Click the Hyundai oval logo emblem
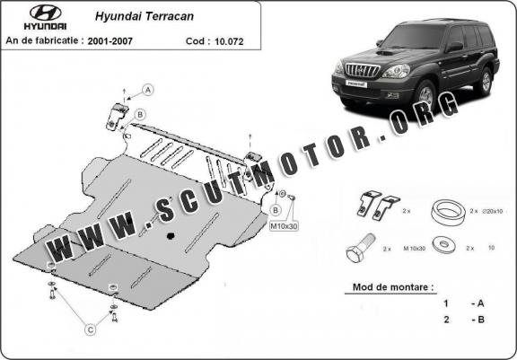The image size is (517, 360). click(x=46, y=13)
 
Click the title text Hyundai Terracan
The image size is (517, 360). click(x=145, y=16)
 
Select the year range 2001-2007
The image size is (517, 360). click(x=110, y=41)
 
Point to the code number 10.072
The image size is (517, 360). click(x=229, y=41)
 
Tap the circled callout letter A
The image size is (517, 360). click(x=148, y=90)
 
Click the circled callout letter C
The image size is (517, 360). click(x=90, y=329)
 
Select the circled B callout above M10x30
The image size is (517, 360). click(x=276, y=210)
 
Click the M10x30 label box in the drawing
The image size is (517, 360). click(x=285, y=226)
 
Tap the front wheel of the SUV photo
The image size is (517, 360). click(x=425, y=95)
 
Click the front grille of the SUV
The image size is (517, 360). click(x=363, y=70)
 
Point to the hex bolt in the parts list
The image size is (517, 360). click(x=361, y=248)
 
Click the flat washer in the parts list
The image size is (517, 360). click(x=443, y=245)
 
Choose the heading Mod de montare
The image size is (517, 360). click(x=393, y=286)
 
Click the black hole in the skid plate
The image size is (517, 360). click(x=171, y=236)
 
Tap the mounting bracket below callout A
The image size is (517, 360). click(x=117, y=117)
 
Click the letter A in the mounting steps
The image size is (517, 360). click(x=480, y=303)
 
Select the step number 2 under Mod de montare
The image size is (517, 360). click(x=446, y=320)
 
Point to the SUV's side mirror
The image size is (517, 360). click(x=454, y=47)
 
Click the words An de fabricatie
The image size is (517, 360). click(x=42, y=40)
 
